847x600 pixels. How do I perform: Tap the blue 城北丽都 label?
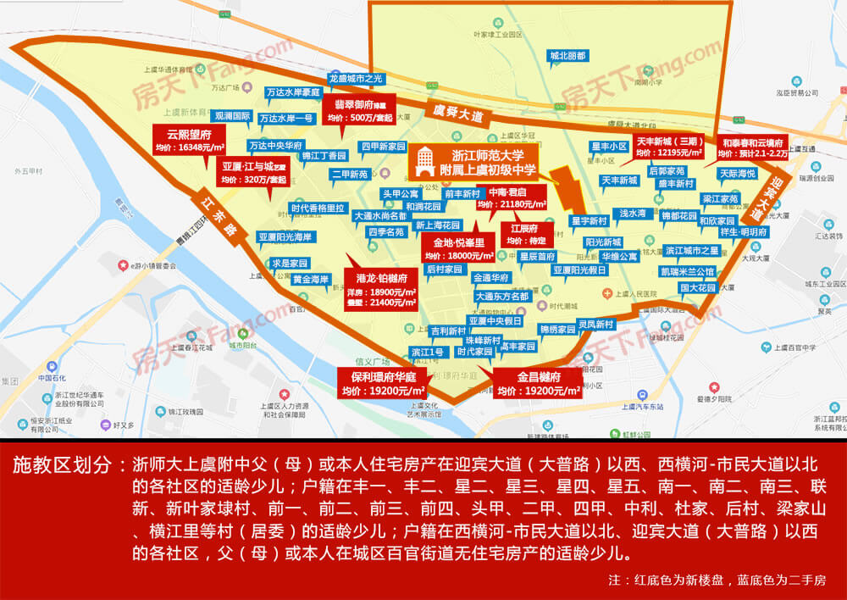pos(567,56)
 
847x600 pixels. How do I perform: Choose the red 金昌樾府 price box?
pos(539,383)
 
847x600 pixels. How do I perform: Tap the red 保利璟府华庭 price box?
pos(382,383)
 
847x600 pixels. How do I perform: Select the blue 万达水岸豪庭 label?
pos(293,92)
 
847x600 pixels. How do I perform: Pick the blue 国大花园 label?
pos(697,287)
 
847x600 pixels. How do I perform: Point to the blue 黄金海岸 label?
pos(310,279)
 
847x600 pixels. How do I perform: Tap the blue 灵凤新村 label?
pos(595,324)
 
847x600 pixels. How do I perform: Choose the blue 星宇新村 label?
pos(589,221)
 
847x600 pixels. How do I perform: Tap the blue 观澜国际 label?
pos(231,116)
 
